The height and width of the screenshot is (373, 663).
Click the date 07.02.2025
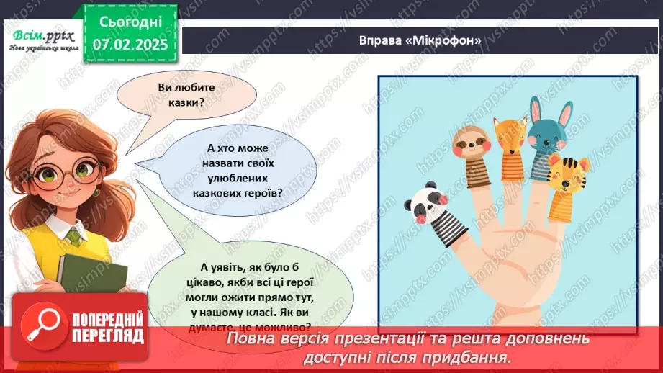point(129,45)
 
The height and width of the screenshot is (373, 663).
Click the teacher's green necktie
point(73,235)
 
